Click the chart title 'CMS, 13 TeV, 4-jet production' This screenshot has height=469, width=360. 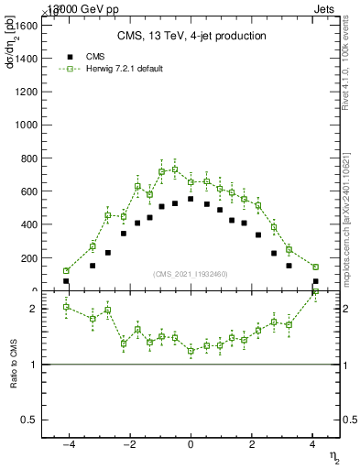(191, 36)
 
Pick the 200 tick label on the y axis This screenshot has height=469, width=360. (28, 258)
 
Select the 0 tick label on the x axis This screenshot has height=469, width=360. (191, 446)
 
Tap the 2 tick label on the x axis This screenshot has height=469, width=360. (252, 446)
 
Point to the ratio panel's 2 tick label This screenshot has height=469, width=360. (33, 309)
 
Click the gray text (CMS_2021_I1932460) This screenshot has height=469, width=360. (190, 273)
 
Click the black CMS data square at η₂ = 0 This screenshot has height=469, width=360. (191, 199)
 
